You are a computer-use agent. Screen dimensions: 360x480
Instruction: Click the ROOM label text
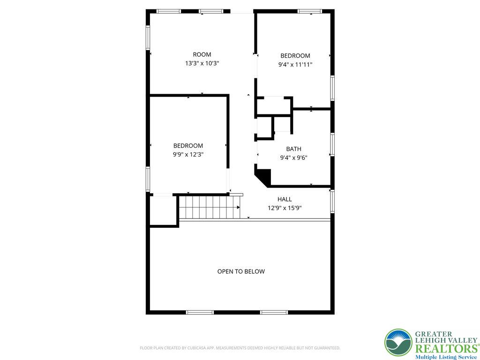[x=202, y=54]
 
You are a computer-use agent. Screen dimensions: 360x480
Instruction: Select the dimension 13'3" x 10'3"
[x=202, y=63]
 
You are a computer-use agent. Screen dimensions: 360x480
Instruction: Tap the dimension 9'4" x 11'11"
[x=295, y=65]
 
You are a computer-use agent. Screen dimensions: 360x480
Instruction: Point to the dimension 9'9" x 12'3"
[x=188, y=154]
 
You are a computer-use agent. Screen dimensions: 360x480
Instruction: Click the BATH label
[x=294, y=150]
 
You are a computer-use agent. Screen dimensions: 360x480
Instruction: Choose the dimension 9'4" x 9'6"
[x=294, y=158]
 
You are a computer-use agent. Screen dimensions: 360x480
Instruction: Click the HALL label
[x=285, y=199]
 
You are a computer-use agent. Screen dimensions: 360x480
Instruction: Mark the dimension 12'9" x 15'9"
[x=285, y=208]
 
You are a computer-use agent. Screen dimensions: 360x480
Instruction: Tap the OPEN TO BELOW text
[x=241, y=271]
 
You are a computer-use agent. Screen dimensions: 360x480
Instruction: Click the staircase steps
[x=210, y=207]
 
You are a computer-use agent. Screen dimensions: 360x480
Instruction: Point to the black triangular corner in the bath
[x=265, y=176]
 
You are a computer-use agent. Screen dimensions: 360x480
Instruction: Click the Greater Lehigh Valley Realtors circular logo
[x=398, y=343]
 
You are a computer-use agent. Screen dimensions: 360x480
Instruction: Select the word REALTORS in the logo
[x=446, y=349]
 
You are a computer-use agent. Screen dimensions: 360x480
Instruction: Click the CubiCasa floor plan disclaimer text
[x=240, y=348]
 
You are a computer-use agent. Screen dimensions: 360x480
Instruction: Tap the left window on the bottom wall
[x=200, y=312]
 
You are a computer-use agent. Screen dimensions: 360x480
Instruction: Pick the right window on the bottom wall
[x=274, y=312]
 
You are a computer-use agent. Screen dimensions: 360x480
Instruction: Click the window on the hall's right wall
[x=332, y=201]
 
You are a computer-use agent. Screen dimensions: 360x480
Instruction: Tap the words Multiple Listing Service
[x=446, y=357]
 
